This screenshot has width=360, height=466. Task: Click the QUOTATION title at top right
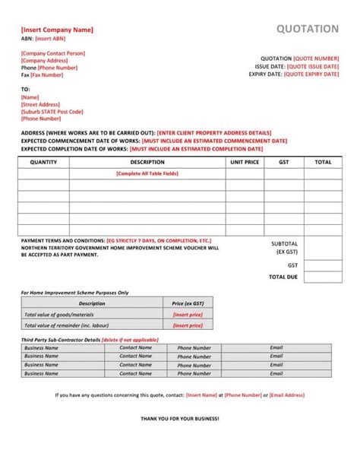click(x=308, y=29)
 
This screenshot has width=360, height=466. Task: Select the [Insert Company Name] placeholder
click(x=57, y=30)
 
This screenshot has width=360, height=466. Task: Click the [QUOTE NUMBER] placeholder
click(x=317, y=58)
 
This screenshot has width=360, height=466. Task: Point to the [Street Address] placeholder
click(x=41, y=105)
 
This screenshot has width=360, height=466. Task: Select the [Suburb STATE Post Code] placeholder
click(x=52, y=112)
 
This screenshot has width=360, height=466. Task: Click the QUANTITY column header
click(x=43, y=162)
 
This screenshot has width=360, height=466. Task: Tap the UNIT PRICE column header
click(x=245, y=162)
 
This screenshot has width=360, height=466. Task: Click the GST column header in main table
click(x=284, y=162)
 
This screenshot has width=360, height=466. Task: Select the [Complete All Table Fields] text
click(x=147, y=173)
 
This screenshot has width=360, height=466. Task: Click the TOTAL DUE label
click(x=283, y=277)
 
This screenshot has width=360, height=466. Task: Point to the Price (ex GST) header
click(x=188, y=303)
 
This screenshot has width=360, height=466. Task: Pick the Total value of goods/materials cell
click(x=59, y=314)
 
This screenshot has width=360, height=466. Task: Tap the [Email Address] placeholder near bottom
click(x=287, y=395)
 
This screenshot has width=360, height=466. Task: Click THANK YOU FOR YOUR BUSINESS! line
click(x=180, y=419)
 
